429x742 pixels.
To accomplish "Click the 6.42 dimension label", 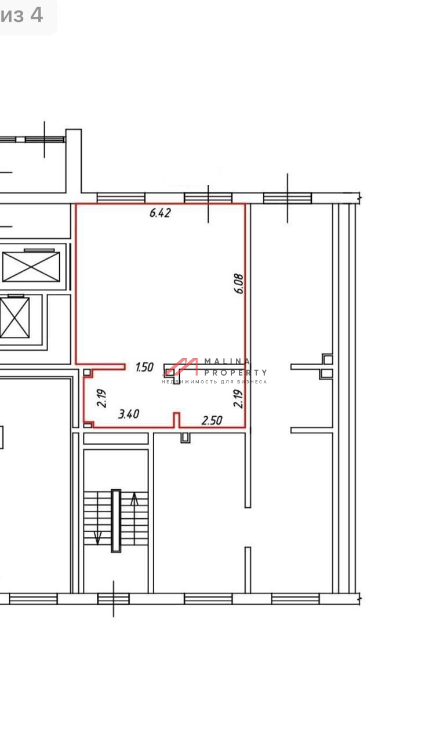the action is coord(160,213).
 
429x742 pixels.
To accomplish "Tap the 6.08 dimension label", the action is coord(238,283).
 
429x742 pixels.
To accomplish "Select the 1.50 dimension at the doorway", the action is coord(144,367).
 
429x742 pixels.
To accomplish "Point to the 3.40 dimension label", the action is coord(129,414).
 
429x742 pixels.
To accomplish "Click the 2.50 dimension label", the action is coord(212,420).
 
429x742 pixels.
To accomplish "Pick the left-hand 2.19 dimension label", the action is coord(101,398).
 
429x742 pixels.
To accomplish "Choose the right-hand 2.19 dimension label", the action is coord(238,398).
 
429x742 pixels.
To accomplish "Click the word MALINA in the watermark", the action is coord(227,361).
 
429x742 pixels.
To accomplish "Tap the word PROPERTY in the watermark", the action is coord(235,373).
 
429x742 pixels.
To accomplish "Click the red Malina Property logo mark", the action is coord(180,367).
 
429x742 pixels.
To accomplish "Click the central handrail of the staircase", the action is coord(115,521).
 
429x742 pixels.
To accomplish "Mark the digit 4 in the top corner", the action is coord(37,15).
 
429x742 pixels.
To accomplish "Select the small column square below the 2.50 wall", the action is coord(186,438).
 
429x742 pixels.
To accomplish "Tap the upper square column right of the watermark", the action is coord(328,359).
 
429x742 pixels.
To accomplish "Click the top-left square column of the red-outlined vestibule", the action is coord(87,373).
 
